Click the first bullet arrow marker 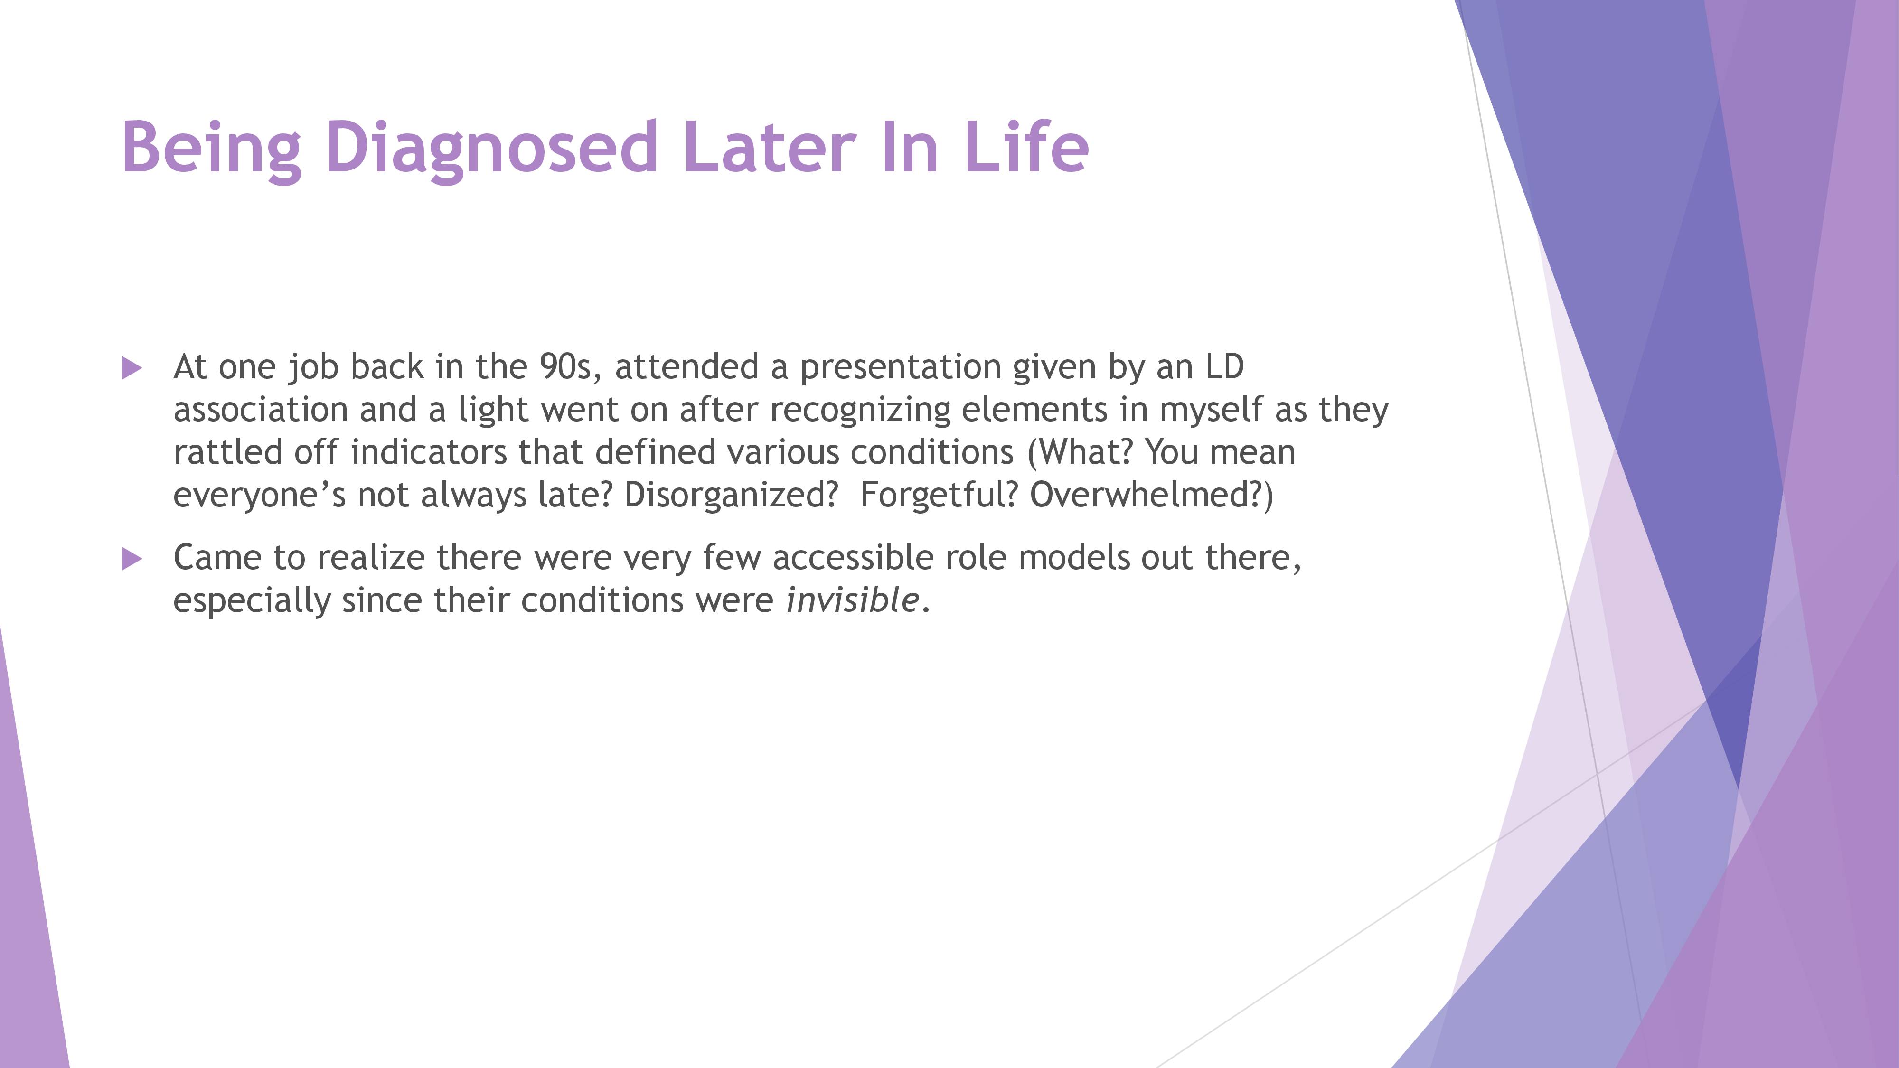(131, 368)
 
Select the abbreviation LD (1224, 366)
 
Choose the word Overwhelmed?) (1151, 495)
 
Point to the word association (260, 409)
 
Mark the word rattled (228, 452)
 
